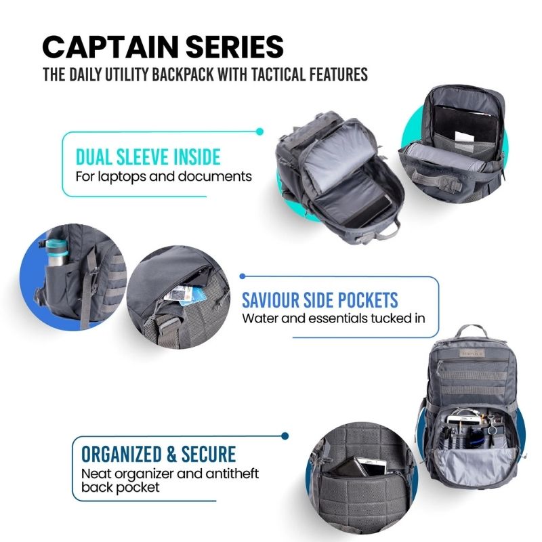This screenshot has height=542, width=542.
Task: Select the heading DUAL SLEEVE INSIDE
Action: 148,157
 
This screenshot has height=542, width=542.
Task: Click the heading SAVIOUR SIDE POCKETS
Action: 329,299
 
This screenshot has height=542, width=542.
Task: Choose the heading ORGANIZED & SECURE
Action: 159,453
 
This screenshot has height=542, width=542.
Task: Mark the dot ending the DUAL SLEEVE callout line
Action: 260,131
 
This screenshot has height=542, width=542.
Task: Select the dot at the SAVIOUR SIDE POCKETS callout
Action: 242,276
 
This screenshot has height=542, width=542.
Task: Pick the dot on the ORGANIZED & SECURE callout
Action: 285,436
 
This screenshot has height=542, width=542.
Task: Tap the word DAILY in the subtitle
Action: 93,74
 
